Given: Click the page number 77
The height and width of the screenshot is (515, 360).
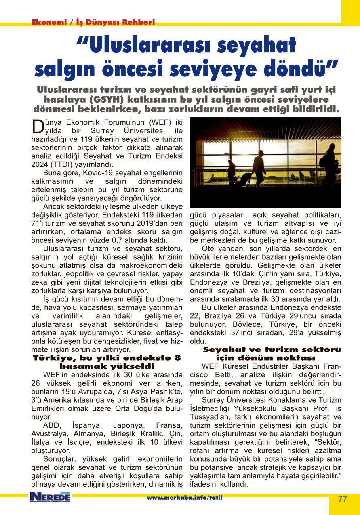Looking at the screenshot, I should click(x=343, y=499).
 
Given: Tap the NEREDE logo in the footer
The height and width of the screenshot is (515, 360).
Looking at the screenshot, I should click(x=50, y=497).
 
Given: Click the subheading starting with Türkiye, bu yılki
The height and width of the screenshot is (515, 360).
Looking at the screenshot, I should click(x=107, y=358).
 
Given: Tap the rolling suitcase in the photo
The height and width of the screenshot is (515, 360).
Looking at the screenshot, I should click(x=243, y=178).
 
